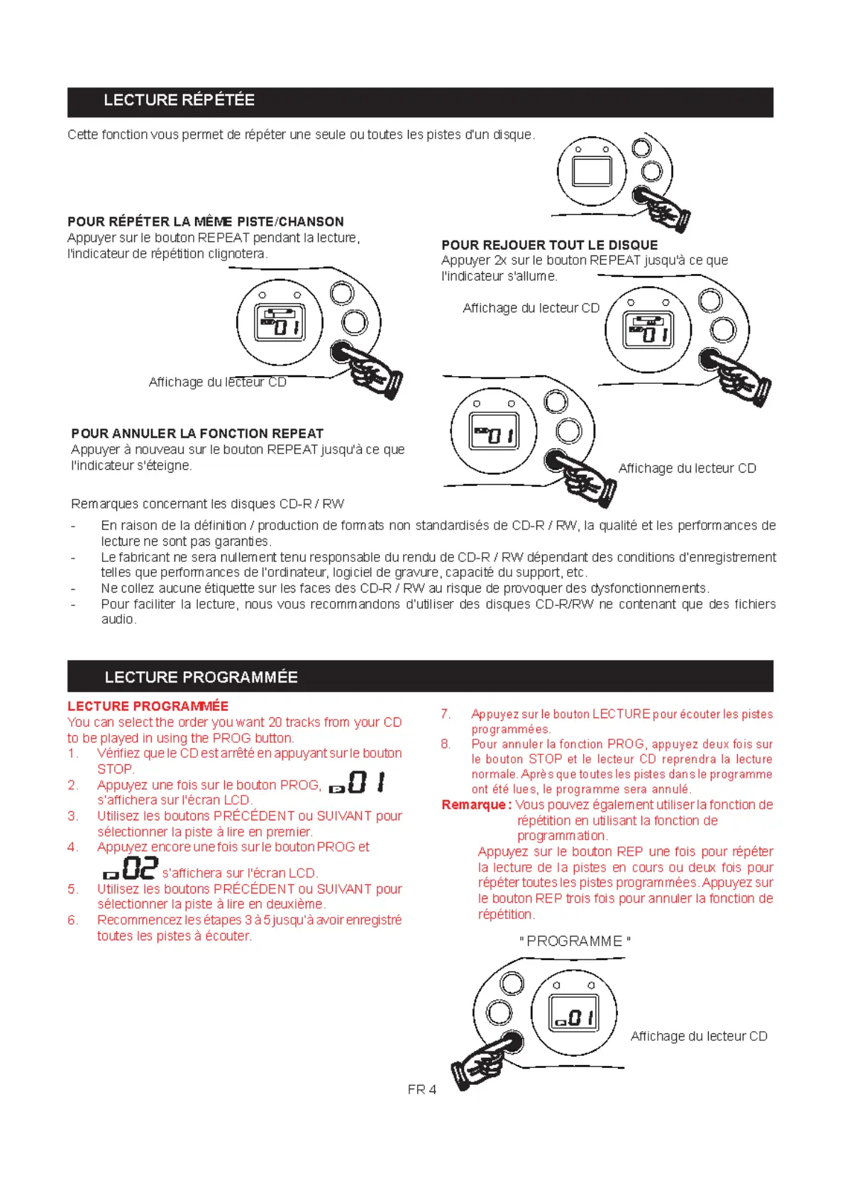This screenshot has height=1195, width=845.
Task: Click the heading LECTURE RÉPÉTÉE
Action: pyautogui.click(x=179, y=100)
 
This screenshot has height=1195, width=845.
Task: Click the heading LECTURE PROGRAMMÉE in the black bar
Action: pyautogui.click(x=201, y=677)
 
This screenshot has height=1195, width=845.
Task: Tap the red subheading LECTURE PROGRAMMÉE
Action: pyautogui.click(x=148, y=706)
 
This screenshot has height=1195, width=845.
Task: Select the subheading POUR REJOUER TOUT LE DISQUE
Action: pyautogui.click(x=549, y=245)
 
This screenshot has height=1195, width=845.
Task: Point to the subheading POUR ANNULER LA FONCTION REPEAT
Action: pyautogui.click(x=197, y=434)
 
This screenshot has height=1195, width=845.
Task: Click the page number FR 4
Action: pyautogui.click(x=422, y=1089)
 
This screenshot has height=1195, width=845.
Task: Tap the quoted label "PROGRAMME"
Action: pyautogui.click(x=575, y=941)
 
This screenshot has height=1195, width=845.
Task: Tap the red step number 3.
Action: pyautogui.click(x=72, y=816)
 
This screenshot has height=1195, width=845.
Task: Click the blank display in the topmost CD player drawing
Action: pyautogui.click(x=592, y=172)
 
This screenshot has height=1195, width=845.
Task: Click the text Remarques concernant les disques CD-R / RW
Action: pyautogui.click(x=207, y=504)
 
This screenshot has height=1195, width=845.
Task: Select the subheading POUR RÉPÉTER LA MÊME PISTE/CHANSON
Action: pyautogui.click(x=205, y=221)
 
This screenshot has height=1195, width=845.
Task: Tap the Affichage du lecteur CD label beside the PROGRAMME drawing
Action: pyautogui.click(x=699, y=1036)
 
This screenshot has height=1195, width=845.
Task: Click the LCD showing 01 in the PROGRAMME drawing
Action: pyautogui.click(x=574, y=1018)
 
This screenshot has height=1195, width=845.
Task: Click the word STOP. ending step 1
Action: pyautogui.click(x=116, y=769)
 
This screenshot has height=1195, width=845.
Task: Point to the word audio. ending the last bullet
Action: pyautogui.click(x=118, y=619)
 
